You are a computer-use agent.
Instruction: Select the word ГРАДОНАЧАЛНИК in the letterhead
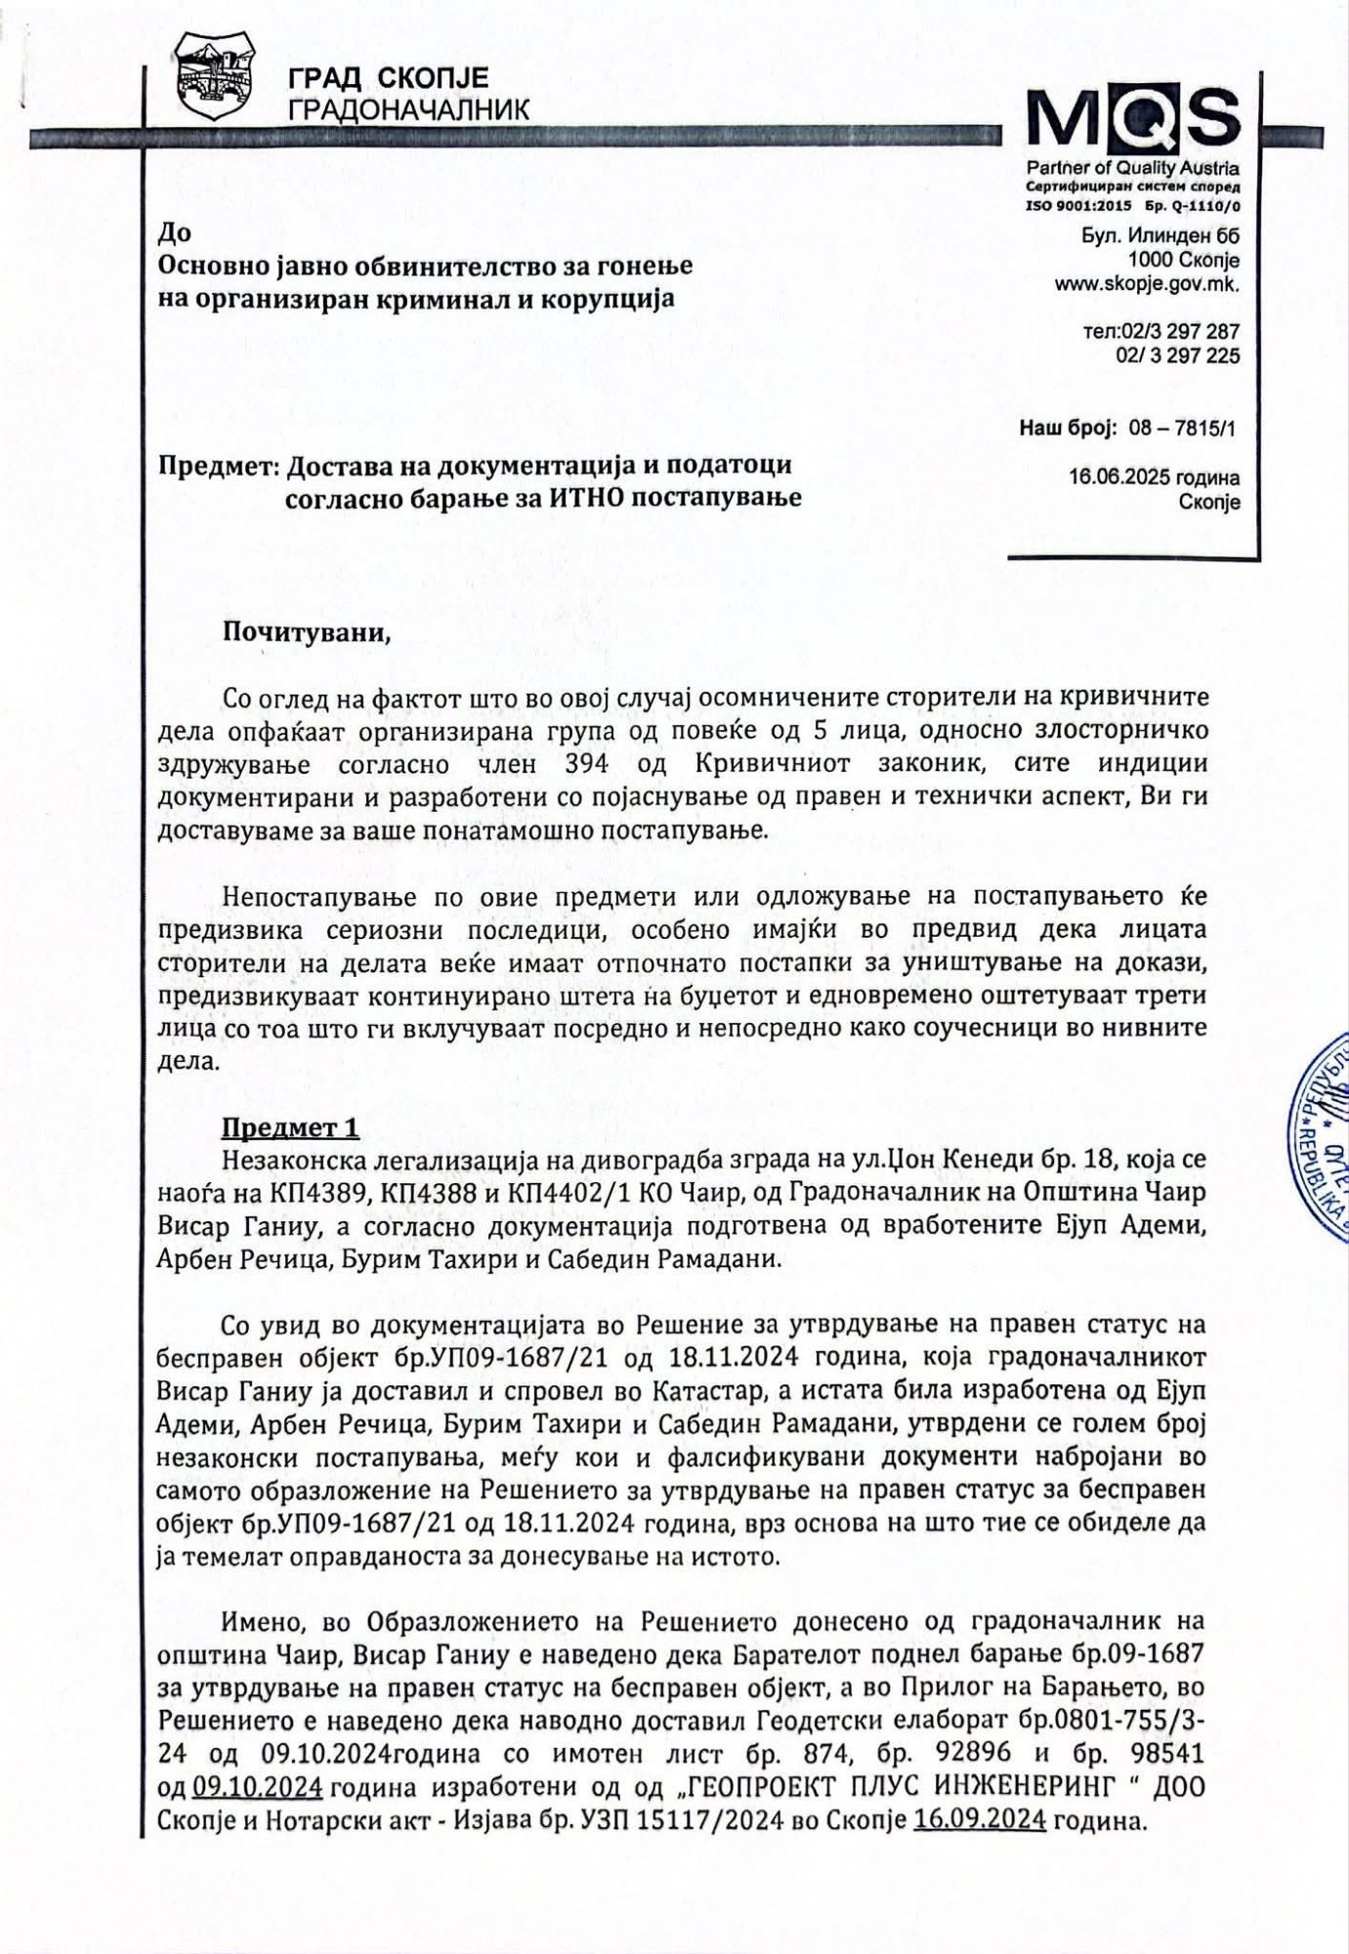click(408, 109)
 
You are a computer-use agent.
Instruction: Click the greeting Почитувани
click(307, 630)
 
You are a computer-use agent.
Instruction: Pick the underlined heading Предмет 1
click(290, 1128)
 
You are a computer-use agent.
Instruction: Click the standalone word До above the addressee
click(174, 234)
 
